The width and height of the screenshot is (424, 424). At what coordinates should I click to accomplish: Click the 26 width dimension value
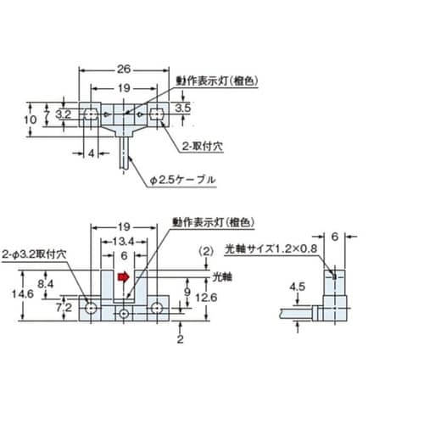tap(124, 70)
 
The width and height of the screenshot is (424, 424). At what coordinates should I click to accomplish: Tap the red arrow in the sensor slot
tap(123, 277)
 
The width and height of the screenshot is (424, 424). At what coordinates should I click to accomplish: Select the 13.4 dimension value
tap(123, 242)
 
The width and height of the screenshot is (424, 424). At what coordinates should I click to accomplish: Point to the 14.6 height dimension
tap(23, 294)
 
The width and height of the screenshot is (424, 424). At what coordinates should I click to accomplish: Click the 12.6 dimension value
tap(206, 298)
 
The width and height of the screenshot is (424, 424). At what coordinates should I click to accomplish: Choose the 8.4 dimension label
tap(46, 284)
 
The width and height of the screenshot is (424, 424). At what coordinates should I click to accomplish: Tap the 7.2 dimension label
tap(64, 308)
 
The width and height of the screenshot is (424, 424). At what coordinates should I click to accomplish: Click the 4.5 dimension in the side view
tap(298, 287)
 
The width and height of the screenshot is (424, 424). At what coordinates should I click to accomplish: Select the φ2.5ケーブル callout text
tap(182, 180)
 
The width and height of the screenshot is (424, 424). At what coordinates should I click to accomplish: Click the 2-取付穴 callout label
tap(203, 147)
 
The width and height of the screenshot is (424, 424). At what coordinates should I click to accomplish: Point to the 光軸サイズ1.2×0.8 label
tap(271, 249)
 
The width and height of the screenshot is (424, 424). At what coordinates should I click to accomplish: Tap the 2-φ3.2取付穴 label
tap(34, 254)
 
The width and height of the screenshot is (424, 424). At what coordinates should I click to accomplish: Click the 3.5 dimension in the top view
tap(183, 108)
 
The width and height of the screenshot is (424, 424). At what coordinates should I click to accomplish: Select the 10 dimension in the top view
tap(30, 120)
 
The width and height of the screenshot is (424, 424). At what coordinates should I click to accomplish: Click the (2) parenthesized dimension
tap(206, 251)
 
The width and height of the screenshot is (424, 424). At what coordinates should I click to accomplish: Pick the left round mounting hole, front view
tap(91, 308)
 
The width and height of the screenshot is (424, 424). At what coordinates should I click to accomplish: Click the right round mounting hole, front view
tap(157, 308)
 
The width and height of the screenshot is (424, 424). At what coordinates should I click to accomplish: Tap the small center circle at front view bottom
tap(124, 314)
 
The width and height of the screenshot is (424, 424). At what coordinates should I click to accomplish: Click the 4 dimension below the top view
tap(91, 153)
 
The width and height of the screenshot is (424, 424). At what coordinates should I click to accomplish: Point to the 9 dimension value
tap(187, 292)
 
